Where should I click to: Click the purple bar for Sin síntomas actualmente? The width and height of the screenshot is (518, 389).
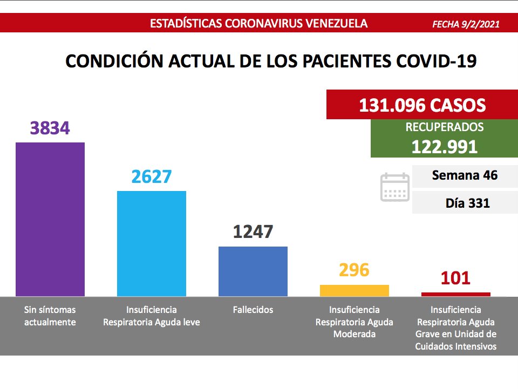point(50,219)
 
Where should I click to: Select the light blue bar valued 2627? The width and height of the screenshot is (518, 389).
point(152,243)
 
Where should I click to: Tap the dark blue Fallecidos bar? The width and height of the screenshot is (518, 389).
point(253,271)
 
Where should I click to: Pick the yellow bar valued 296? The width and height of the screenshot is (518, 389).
point(354,290)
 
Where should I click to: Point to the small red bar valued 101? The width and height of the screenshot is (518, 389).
point(455,294)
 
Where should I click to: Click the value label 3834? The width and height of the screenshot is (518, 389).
point(50,128)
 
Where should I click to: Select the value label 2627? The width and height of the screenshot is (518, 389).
point(151,176)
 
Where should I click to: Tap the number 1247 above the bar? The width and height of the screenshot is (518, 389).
point(253,232)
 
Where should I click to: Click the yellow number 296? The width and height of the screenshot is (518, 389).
point(354,270)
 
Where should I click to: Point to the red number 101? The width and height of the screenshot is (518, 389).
point(455,278)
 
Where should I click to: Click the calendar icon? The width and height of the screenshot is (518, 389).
point(395,187)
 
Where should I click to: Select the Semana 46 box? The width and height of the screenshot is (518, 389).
point(465,176)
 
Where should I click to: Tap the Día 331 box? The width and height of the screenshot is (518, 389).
point(465,203)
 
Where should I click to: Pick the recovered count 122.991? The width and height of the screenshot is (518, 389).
point(444,147)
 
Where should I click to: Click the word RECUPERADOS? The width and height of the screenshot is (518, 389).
point(444,128)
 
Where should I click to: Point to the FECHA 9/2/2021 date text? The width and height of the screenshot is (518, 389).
point(466,24)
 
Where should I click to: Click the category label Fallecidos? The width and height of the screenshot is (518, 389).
point(253,310)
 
